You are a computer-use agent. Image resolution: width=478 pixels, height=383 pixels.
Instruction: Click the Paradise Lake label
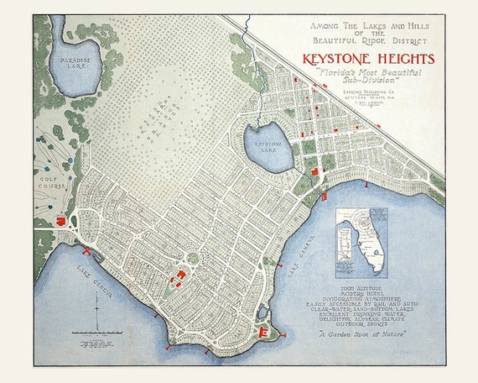tap(75, 65)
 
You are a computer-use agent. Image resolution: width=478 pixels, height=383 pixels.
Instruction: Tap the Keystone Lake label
tap(267, 144)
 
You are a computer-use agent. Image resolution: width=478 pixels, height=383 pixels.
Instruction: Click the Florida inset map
tap(361, 243)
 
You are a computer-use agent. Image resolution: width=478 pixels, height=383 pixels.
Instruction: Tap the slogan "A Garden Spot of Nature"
tap(361, 333)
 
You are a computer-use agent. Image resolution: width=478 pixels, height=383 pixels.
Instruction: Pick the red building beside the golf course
tap(60, 220)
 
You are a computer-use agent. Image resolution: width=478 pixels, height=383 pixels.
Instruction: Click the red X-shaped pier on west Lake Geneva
tap(86, 250)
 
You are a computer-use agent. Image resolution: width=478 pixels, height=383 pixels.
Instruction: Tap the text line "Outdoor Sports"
tap(361, 323)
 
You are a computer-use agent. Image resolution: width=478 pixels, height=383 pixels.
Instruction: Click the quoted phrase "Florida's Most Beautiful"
tap(370, 73)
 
